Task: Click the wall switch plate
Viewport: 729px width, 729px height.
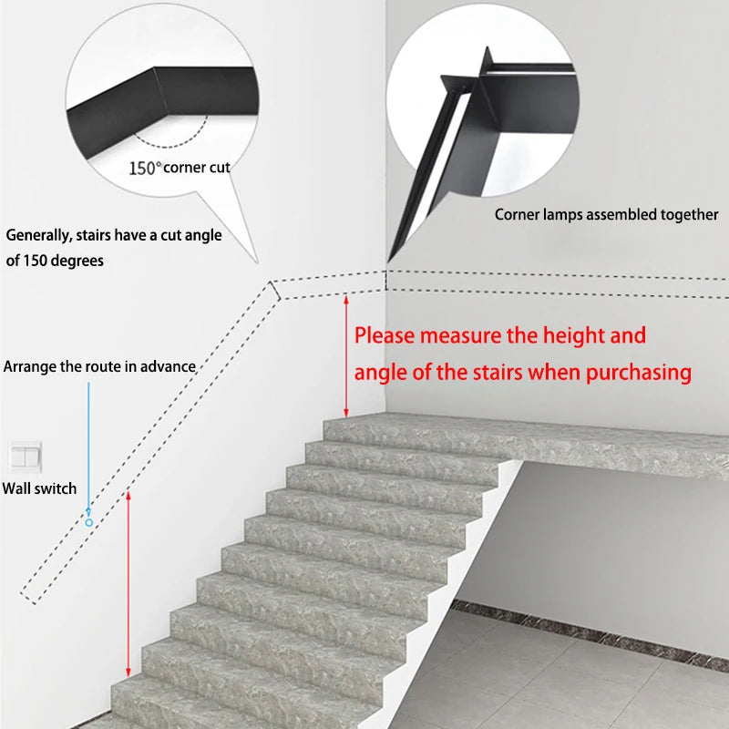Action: [x=26, y=457]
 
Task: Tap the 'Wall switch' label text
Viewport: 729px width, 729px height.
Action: [x=39, y=488]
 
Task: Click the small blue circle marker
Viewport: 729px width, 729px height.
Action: [x=88, y=522]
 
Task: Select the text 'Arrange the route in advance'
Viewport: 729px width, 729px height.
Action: [x=99, y=366]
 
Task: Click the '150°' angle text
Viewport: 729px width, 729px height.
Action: [x=145, y=168]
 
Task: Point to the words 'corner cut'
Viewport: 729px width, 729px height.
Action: [x=197, y=168]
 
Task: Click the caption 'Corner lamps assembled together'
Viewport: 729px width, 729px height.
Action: [x=606, y=215]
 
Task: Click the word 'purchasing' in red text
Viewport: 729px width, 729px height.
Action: [x=639, y=373]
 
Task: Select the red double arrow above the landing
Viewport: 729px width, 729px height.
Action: [x=346, y=356]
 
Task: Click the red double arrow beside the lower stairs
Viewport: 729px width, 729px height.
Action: [x=128, y=584]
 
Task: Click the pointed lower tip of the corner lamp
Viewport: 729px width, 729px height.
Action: [x=388, y=262]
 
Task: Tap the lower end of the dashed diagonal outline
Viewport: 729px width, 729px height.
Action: [x=28, y=599]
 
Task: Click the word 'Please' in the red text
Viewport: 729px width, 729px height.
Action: [x=385, y=335]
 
